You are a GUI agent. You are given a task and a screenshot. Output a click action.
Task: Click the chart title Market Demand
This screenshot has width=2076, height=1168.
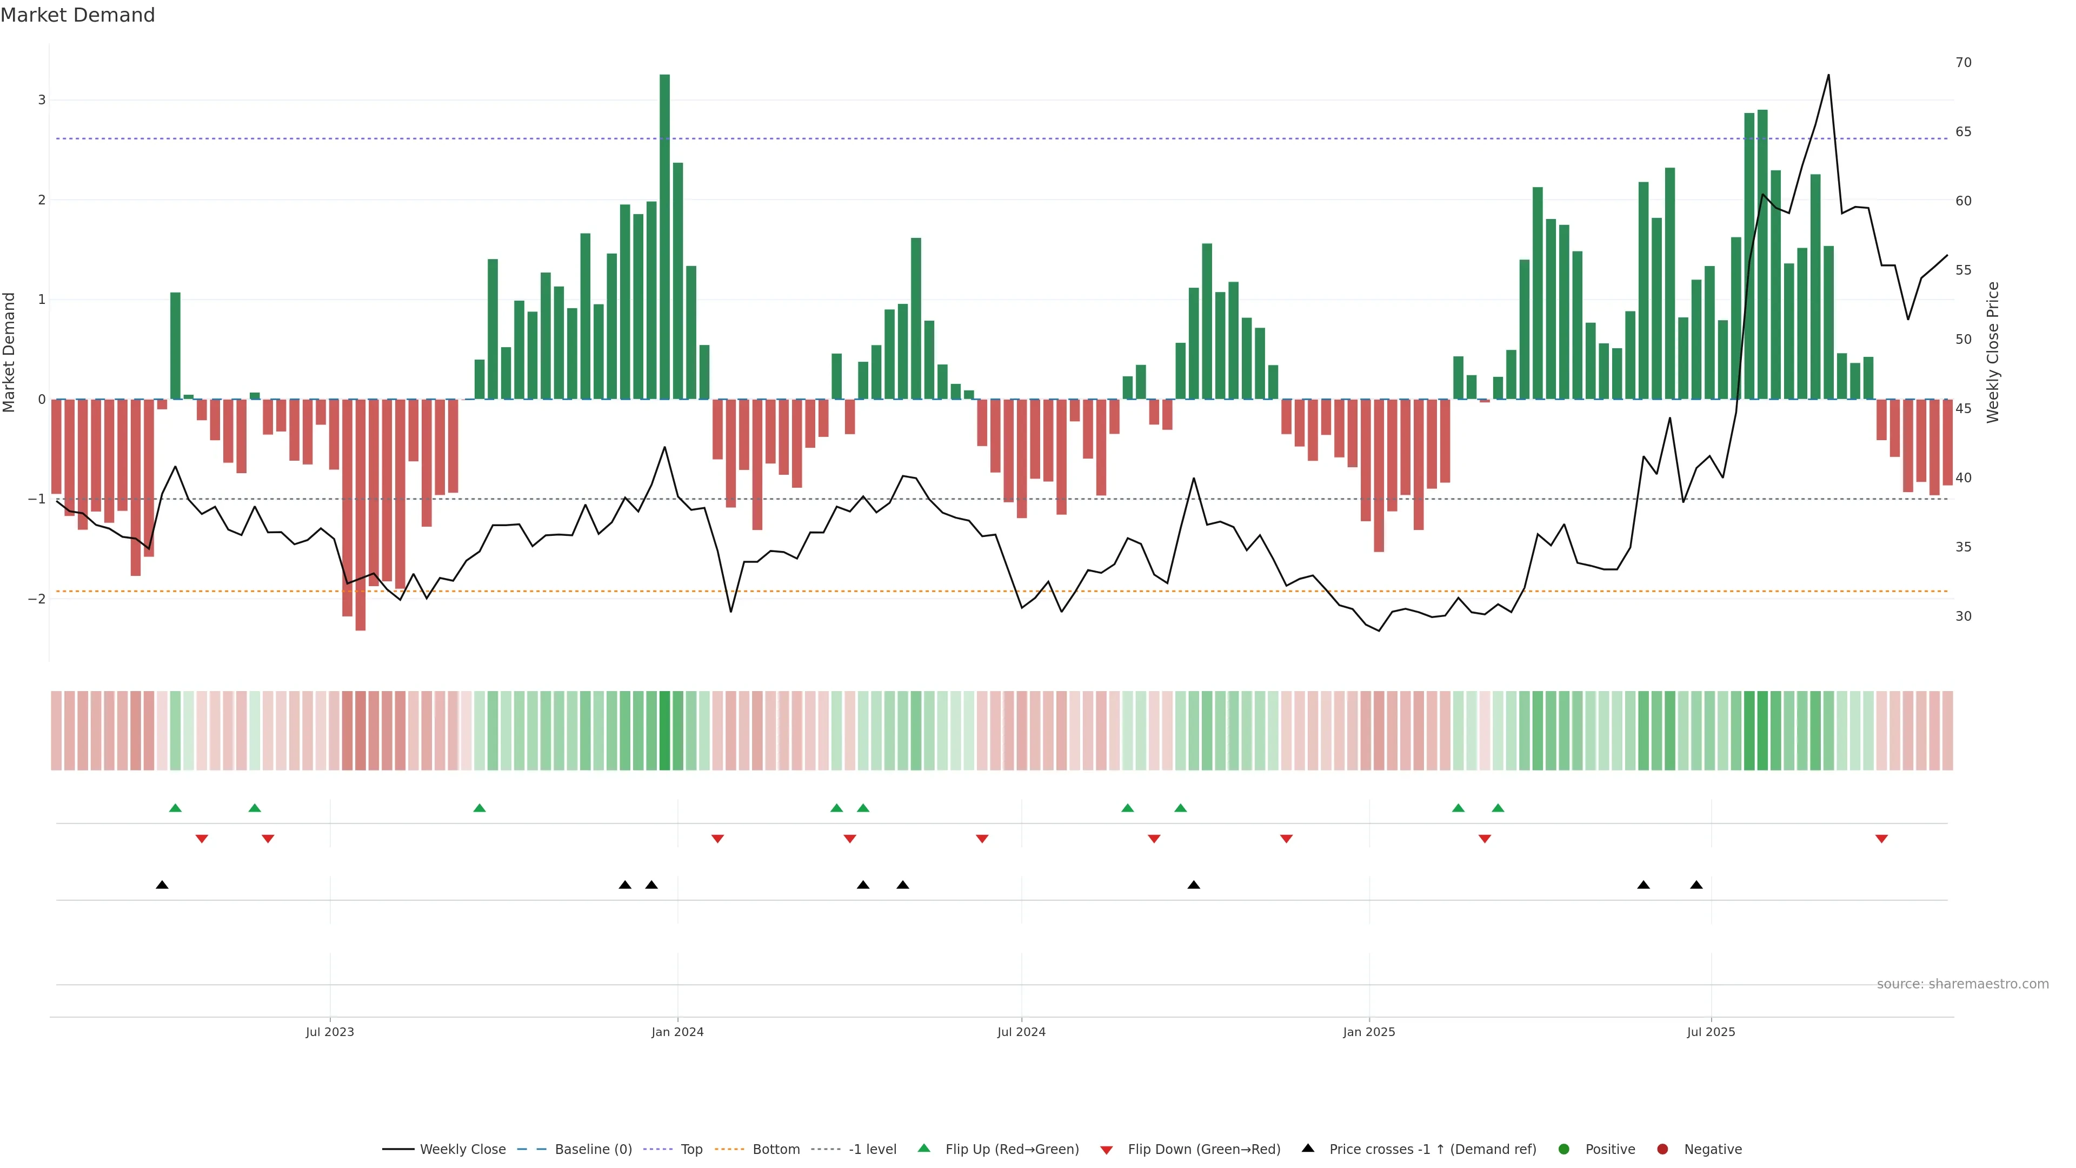[77, 15]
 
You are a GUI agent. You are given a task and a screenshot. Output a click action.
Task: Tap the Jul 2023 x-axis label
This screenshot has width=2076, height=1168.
[330, 1032]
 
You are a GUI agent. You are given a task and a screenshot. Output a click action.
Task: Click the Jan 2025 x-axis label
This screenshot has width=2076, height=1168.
[1368, 1032]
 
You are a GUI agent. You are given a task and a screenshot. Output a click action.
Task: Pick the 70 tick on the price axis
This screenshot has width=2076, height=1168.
[1963, 63]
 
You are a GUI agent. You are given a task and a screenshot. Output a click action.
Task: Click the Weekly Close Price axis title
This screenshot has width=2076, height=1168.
[1993, 352]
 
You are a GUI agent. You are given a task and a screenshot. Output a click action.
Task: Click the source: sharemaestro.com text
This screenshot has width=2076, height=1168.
[1962, 984]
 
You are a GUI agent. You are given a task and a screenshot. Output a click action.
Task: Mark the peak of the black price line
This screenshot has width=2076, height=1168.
[1828, 75]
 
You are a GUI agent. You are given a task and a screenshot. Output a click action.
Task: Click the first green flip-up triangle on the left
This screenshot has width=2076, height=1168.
[175, 808]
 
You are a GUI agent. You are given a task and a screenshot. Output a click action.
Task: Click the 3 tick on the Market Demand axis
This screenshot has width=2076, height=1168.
[42, 100]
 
